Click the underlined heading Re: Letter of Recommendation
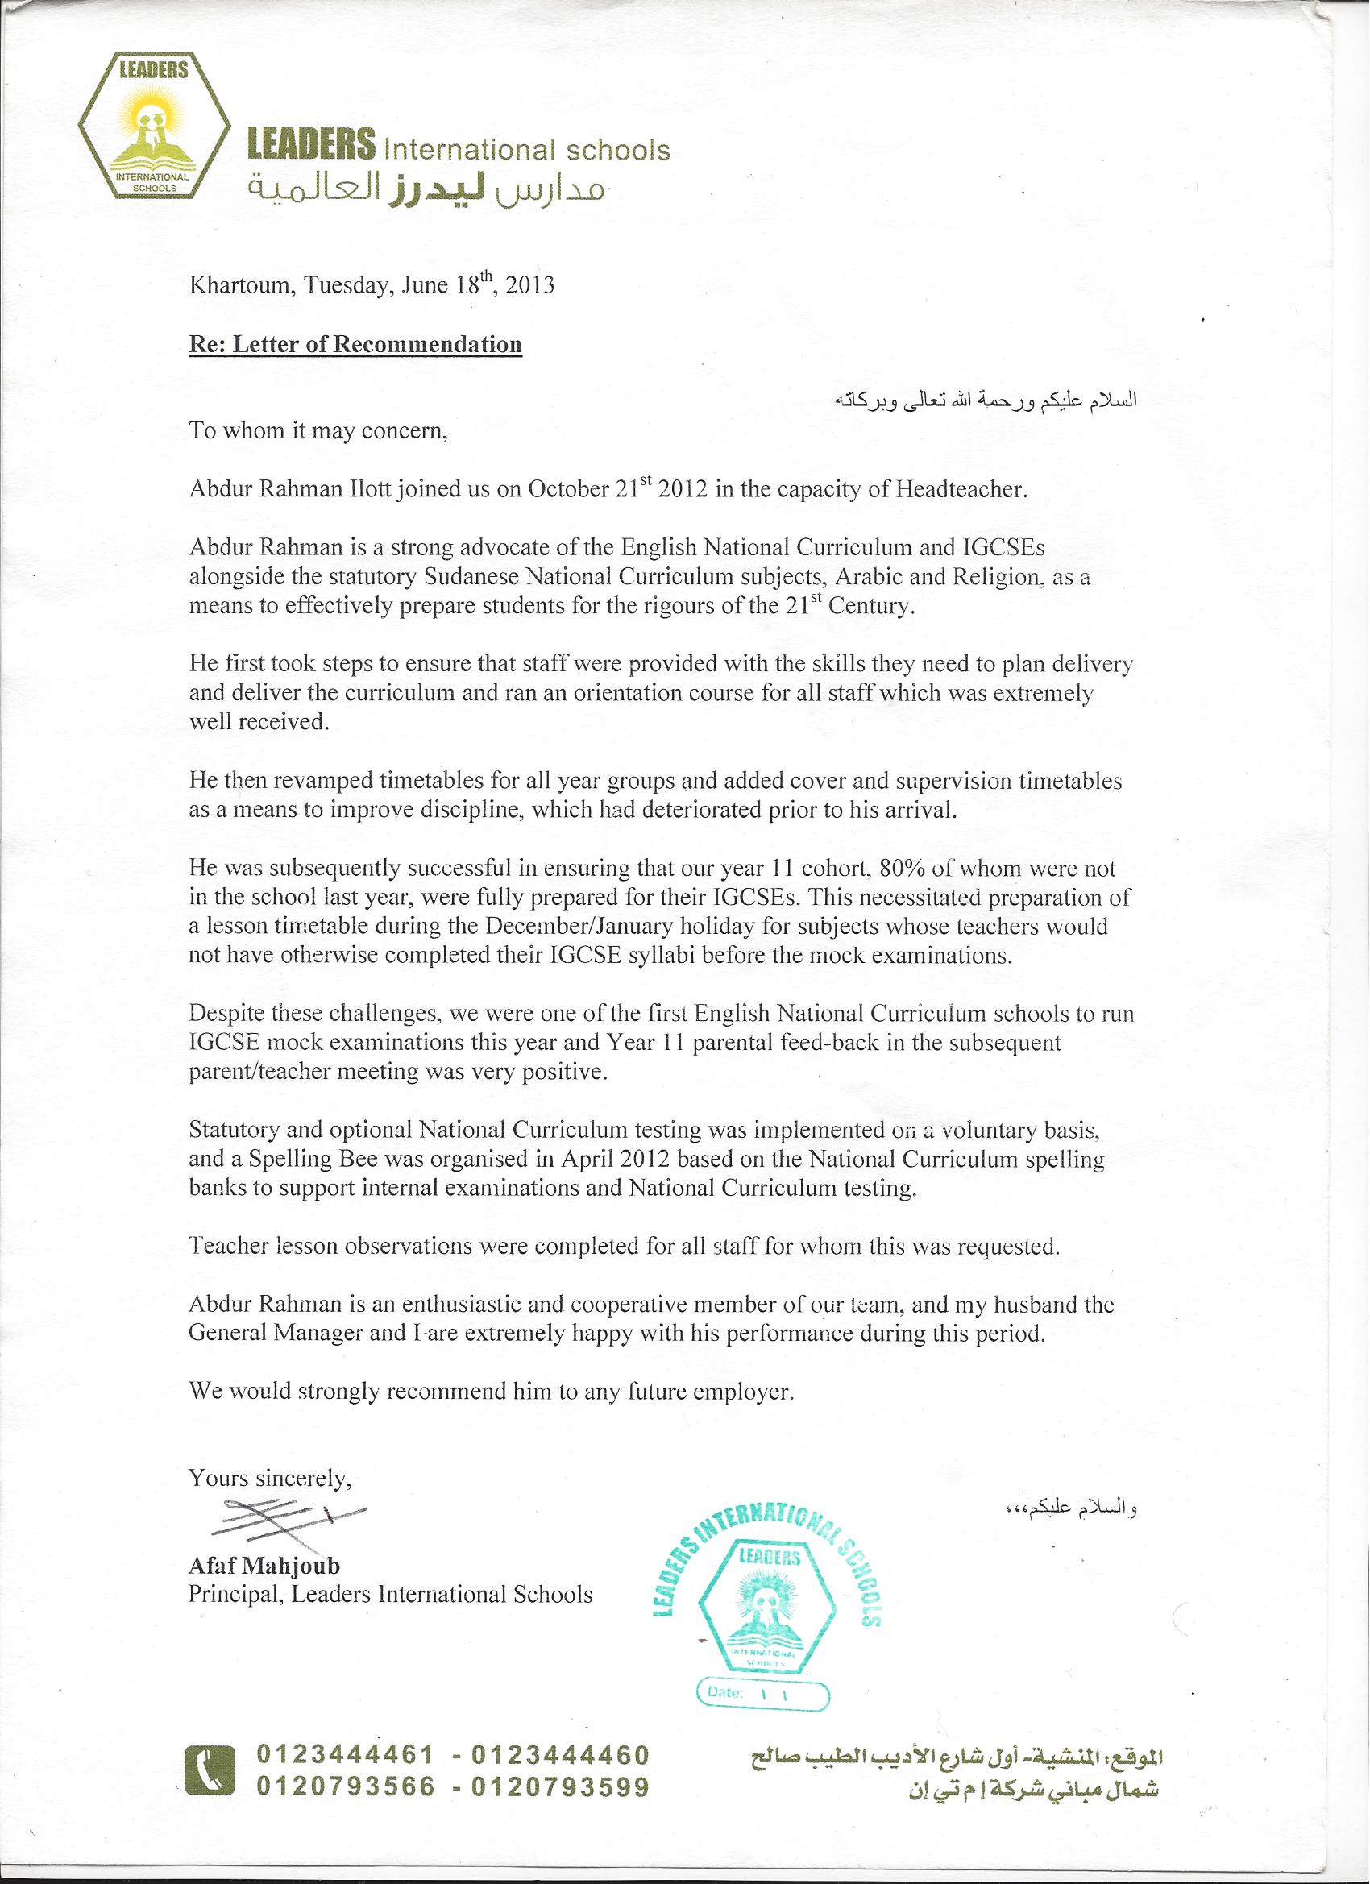pos(355,345)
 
